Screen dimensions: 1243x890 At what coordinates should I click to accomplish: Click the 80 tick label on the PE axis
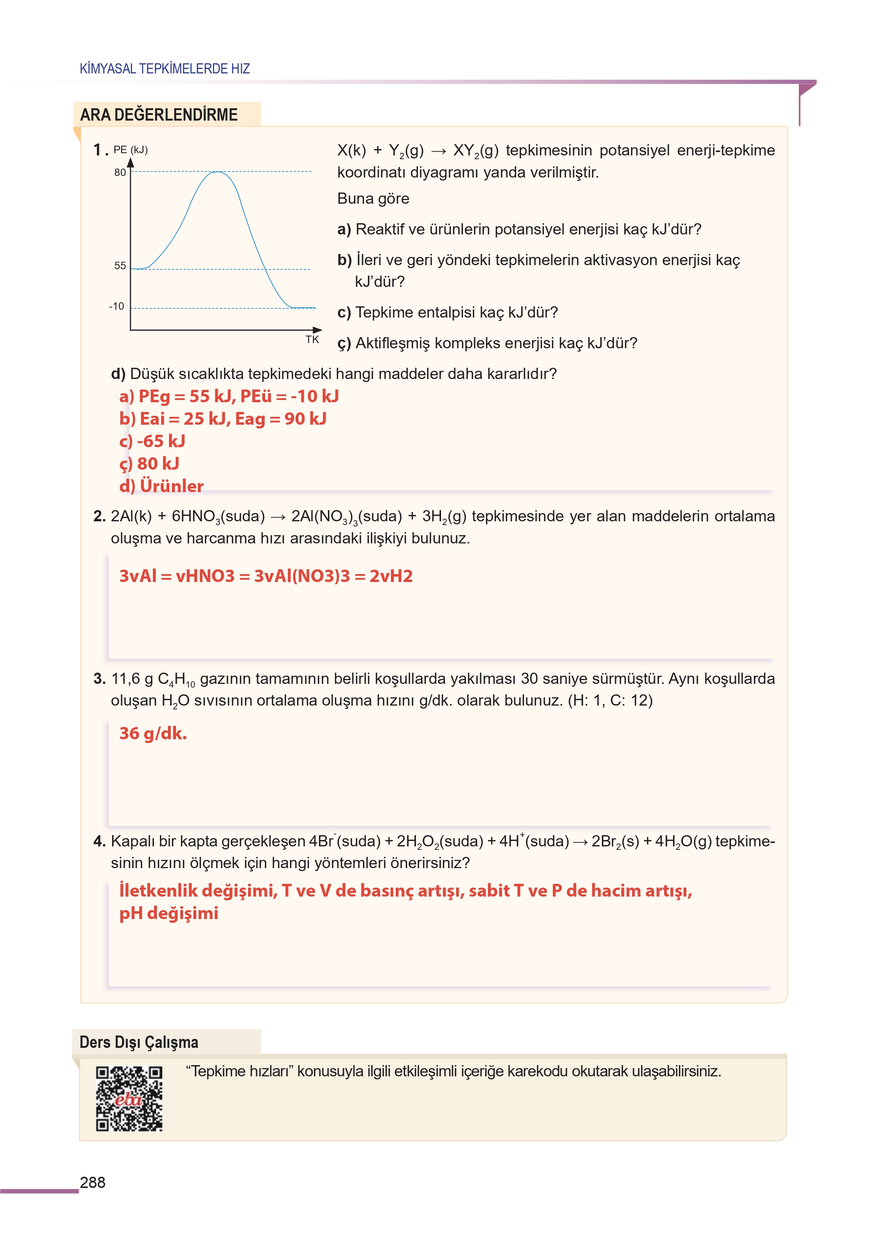pyautogui.click(x=120, y=173)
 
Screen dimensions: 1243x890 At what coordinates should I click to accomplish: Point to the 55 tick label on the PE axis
pyautogui.click(x=120, y=266)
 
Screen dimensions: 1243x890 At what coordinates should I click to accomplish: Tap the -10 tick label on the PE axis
pyautogui.click(x=117, y=306)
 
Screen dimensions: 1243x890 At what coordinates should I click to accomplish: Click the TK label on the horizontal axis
pyautogui.click(x=312, y=340)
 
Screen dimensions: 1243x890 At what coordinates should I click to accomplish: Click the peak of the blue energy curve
pyautogui.click(x=218, y=172)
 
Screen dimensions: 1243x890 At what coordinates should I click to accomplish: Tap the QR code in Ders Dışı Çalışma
pyautogui.click(x=129, y=1098)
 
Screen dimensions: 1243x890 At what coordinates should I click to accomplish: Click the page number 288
pyautogui.click(x=93, y=1182)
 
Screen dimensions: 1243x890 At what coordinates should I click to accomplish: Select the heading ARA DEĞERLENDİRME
pyautogui.click(x=159, y=115)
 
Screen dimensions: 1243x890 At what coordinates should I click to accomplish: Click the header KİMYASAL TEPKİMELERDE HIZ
pyautogui.click(x=165, y=69)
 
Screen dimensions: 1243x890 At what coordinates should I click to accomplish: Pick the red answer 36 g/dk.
pyautogui.click(x=153, y=733)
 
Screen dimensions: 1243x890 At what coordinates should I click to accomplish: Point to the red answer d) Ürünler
pyautogui.click(x=161, y=486)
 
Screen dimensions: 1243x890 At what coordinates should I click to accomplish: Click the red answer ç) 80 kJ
pyautogui.click(x=149, y=464)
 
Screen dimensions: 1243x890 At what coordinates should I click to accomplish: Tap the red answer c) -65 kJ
pyautogui.click(x=153, y=441)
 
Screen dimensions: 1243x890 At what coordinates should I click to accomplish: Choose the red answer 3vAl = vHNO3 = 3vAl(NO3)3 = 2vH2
pyautogui.click(x=266, y=576)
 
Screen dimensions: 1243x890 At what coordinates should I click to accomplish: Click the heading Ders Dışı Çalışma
pyautogui.click(x=139, y=1042)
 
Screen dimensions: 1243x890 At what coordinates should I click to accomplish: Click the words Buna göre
pyautogui.click(x=373, y=199)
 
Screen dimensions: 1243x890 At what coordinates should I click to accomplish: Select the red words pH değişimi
pyautogui.click(x=169, y=913)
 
